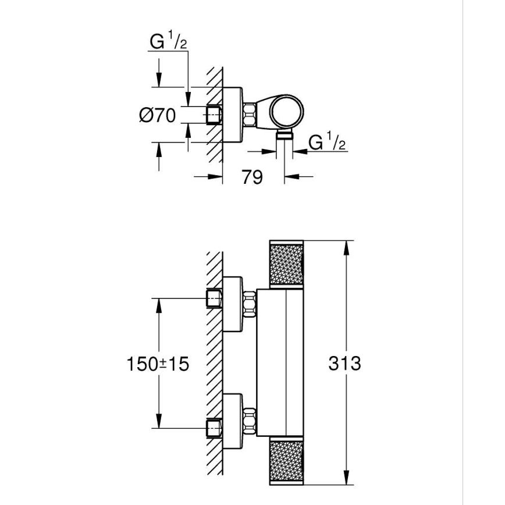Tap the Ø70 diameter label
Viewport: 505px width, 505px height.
click(157, 115)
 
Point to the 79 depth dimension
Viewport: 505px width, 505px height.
click(252, 176)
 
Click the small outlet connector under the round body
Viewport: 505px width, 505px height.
click(284, 136)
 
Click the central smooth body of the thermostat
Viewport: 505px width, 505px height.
click(280, 364)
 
